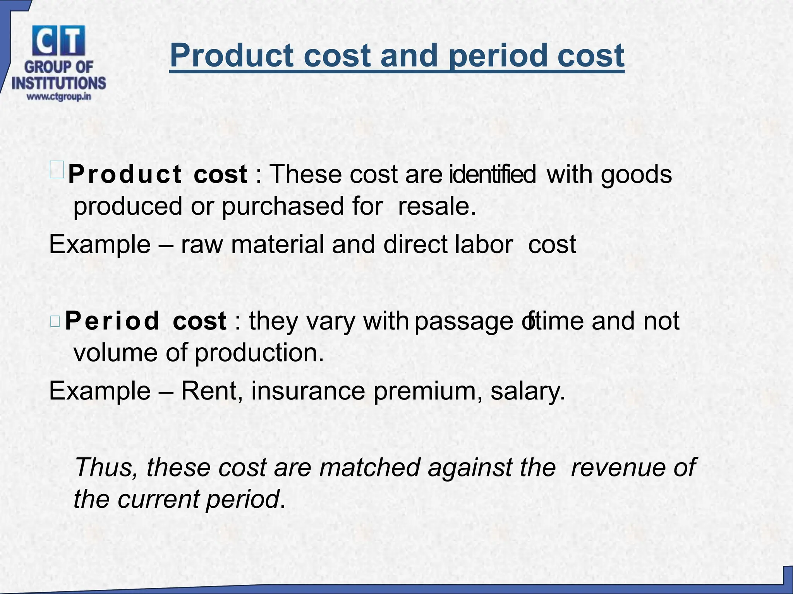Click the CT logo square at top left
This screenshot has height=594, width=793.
[58, 41]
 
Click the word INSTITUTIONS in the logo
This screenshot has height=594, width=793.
[59, 83]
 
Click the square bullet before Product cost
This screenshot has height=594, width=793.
[57, 170]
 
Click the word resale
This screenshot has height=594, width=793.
[436, 206]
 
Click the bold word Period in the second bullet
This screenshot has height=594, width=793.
[112, 321]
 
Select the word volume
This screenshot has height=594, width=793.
[115, 353]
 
